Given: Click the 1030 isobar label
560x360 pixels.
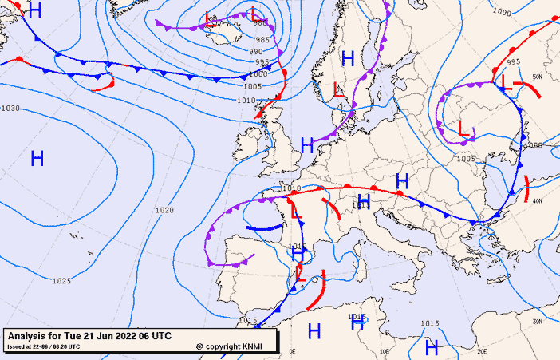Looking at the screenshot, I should pos(10,108).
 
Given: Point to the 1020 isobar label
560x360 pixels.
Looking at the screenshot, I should pos(165,210).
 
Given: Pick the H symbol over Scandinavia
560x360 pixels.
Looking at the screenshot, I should pos(348,57).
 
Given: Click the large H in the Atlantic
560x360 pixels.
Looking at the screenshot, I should pos(37,158).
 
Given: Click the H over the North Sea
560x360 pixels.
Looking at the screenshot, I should pos(307,145).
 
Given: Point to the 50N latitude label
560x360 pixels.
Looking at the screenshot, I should pos(537,77).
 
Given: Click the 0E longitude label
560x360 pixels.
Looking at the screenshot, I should pos(292,350).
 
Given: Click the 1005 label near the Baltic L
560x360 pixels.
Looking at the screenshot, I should pos(466,158).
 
